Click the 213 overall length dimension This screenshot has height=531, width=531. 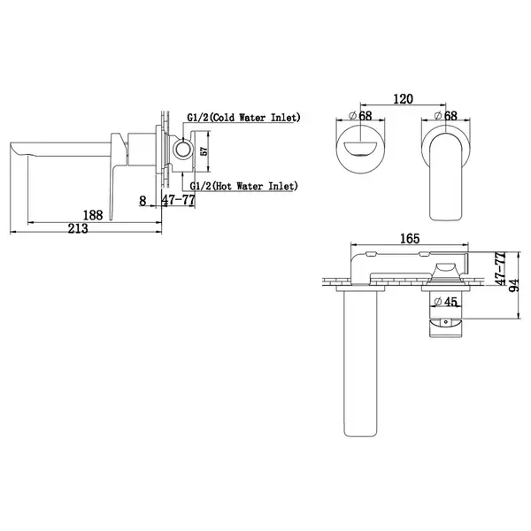[x=78, y=228]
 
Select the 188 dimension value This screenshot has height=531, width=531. [x=93, y=215]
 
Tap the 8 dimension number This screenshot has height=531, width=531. [x=142, y=201]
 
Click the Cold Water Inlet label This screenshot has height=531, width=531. [x=244, y=118]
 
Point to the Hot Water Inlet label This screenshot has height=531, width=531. [x=244, y=186]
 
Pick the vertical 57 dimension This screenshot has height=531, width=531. [x=204, y=151]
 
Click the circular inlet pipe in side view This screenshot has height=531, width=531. [x=182, y=149]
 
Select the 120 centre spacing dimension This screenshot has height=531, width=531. [x=403, y=99]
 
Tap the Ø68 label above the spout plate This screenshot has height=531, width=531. [x=360, y=116]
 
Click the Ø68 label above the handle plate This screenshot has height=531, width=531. [x=446, y=116]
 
